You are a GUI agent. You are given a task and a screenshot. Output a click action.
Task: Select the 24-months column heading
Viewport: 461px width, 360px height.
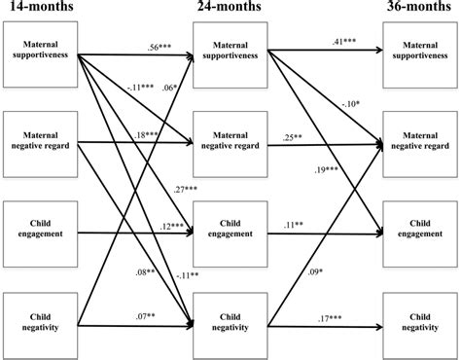pos(232,10)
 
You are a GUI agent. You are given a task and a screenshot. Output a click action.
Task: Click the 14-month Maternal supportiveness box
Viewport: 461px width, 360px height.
pos(40,49)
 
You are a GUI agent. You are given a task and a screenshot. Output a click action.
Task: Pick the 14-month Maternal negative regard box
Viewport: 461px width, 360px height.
pos(40,142)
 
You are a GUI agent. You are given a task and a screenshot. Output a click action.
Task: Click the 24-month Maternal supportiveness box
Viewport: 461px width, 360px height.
pos(232,49)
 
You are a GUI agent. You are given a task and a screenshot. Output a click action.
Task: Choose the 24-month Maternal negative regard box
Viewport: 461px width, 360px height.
pos(232,142)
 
